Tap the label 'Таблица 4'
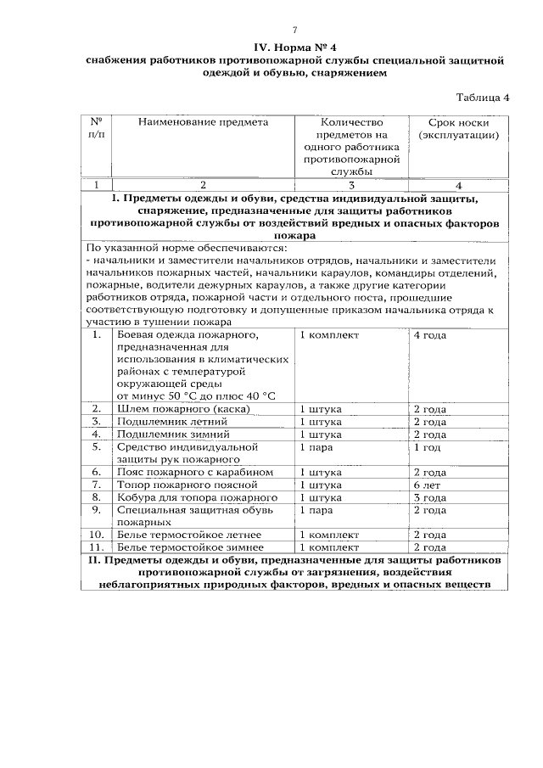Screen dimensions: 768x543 click(x=484, y=97)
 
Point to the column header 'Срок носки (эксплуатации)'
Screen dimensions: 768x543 click(x=458, y=128)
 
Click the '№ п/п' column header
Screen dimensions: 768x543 click(x=98, y=128)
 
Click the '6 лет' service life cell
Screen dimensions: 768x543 click(x=426, y=484)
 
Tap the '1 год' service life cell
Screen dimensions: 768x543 click(x=426, y=446)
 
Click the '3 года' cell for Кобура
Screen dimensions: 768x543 click(x=428, y=496)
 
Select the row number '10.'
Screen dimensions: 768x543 click(x=98, y=535)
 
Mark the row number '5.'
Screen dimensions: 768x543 click(x=98, y=446)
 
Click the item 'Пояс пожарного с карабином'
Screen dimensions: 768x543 click(x=194, y=472)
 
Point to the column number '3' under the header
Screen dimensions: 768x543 click(x=350, y=185)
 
